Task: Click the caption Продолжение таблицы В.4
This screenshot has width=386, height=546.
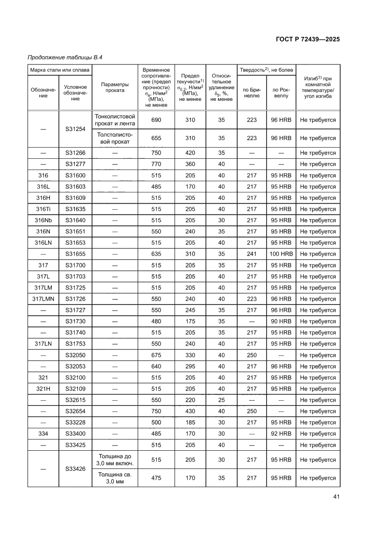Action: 65,57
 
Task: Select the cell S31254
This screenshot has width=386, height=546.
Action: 76,129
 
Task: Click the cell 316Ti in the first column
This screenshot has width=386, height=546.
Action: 43,209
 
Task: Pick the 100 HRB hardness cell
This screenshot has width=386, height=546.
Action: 281,254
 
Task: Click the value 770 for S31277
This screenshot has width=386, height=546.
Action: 156,164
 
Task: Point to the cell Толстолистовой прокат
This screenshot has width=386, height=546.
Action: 115,138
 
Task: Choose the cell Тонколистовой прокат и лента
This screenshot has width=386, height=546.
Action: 115,120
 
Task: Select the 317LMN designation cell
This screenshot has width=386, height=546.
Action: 43,299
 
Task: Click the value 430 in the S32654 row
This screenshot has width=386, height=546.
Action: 190,411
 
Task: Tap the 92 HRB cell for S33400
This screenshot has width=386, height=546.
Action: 281,434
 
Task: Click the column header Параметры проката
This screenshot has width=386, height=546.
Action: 115,87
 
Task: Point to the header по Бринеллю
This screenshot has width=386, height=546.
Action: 252,92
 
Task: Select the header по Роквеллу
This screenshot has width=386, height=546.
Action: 281,92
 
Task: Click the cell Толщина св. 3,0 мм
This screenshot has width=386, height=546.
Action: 115,478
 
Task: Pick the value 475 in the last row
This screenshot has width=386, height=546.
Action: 156,478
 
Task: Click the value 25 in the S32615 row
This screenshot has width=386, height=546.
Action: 221,400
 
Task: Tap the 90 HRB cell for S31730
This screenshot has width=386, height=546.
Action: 281,321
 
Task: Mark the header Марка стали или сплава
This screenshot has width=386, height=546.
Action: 60,70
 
